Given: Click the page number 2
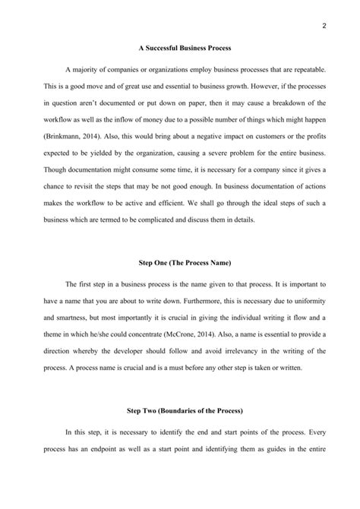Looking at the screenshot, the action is tap(324, 26).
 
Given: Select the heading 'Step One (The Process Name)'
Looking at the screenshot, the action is tap(179, 262).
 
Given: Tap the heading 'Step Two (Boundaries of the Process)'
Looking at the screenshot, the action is tap(179, 410).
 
